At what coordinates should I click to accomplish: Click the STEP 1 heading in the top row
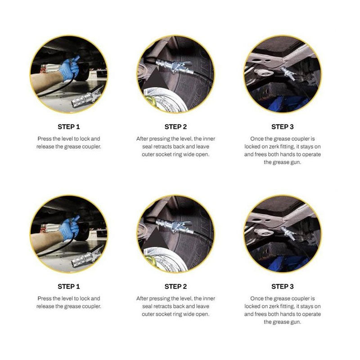[x=69, y=127]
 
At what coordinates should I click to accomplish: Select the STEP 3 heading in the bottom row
[x=283, y=287]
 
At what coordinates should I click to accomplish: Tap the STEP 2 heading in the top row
[x=175, y=127]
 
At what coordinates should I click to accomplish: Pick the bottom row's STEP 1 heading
[x=69, y=287]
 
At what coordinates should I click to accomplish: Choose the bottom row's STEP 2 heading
[x=175, y=287]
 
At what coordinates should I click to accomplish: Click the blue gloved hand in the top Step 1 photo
[x=70, y=68]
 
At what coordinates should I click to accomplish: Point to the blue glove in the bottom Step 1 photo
[x=70, y=228]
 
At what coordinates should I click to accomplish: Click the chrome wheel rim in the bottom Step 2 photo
[x=165, y=260]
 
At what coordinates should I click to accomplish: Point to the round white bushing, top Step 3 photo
[x=265, y=73]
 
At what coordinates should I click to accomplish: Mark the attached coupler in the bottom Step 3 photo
[x=288, y=233]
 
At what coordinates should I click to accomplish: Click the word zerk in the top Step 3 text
[x=274, y=147]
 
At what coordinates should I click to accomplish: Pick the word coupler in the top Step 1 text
[x=92, y=147]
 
